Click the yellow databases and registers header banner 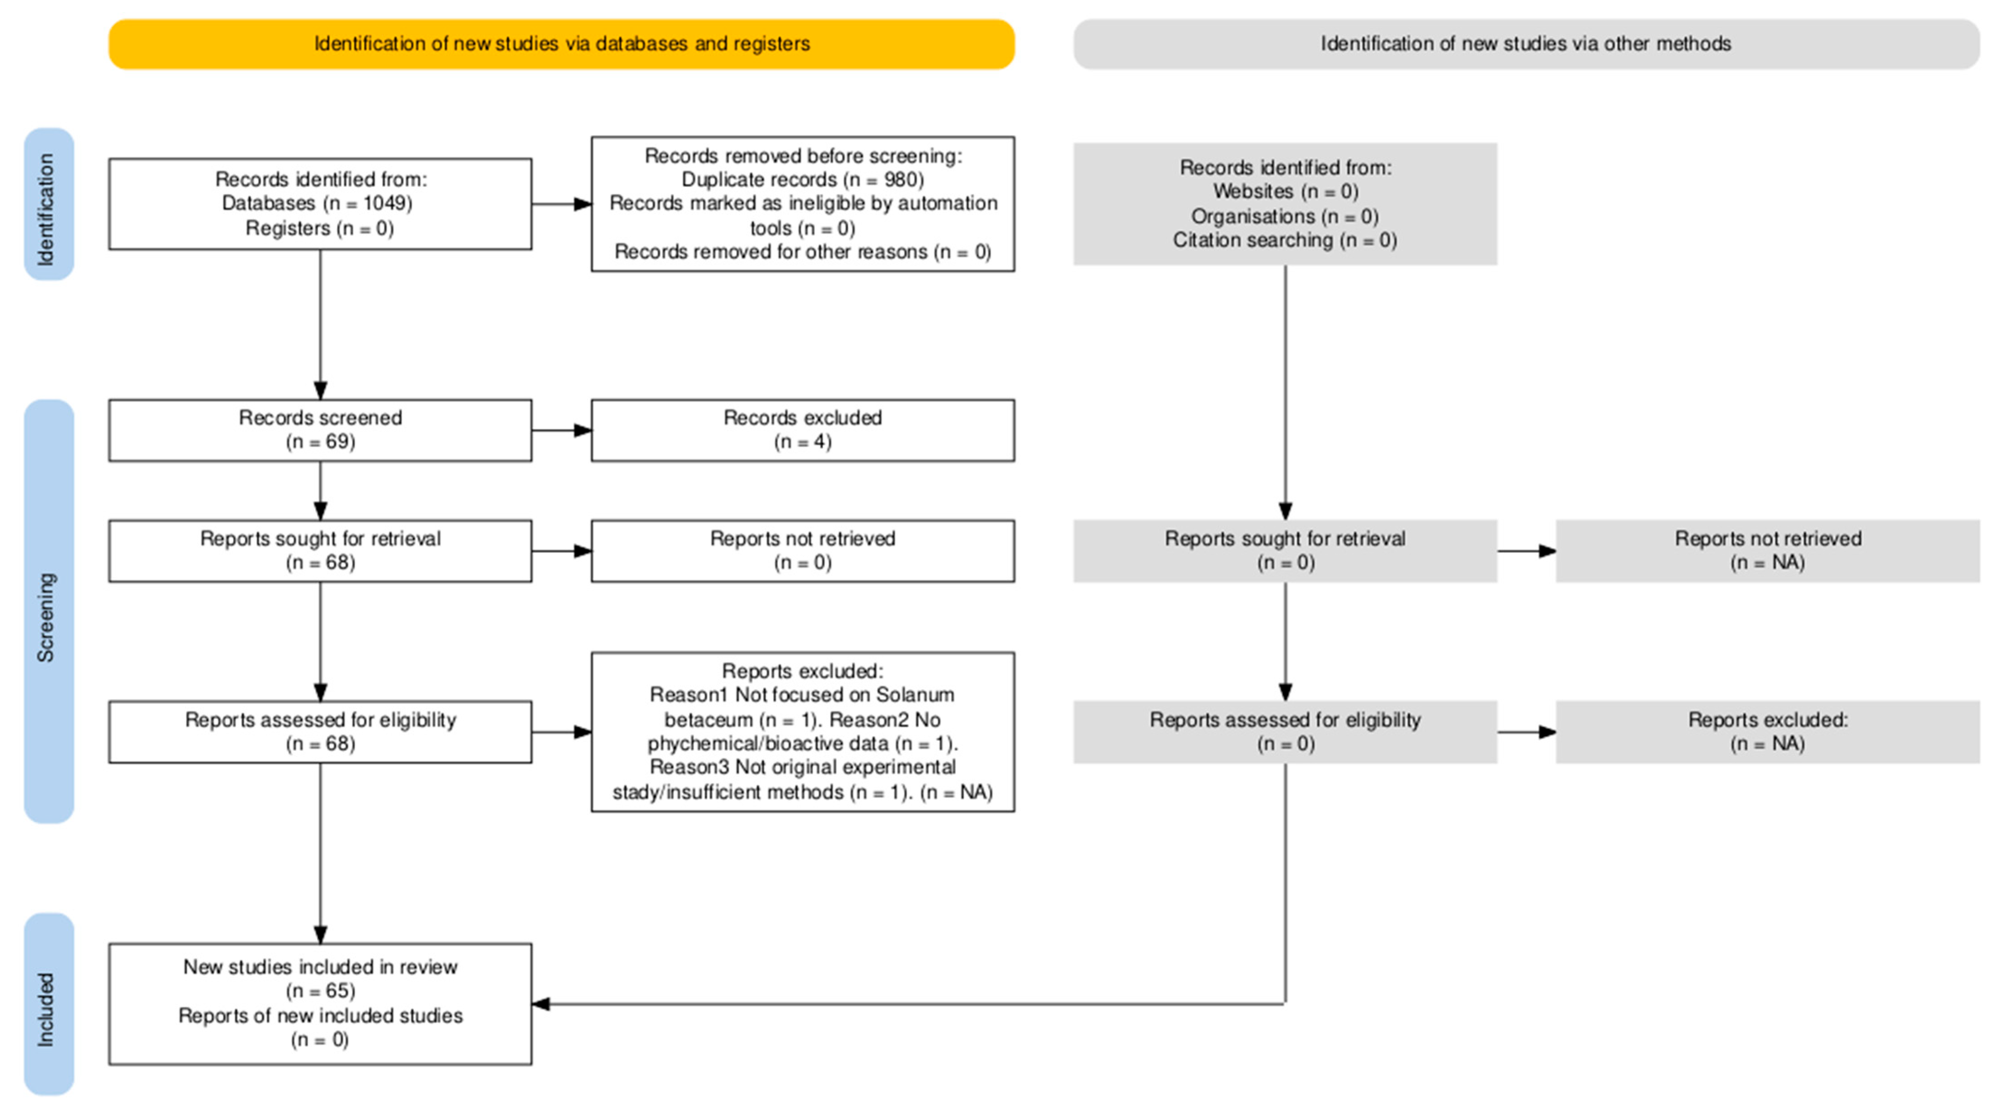coord(561,44)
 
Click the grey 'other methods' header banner coord(1526,44)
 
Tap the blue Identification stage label coord(48,204)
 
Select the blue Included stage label coord(48,1004)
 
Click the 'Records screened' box coord(320,431)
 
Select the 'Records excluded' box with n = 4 coord(803,431)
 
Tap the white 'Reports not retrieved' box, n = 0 coord(803,551)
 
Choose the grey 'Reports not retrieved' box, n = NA coord(1767,551)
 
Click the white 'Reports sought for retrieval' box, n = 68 coord(320,551)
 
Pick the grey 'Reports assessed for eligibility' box coord(1285,732)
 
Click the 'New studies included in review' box coord(320,1004)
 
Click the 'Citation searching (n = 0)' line coord(1285,240)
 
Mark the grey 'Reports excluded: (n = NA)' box coord(1767,732)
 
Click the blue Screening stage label coord(48,612)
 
